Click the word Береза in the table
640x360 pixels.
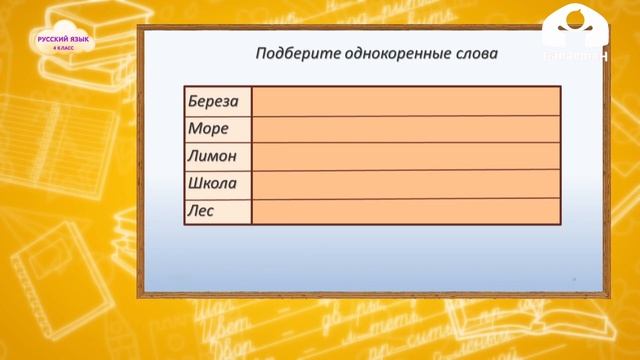(x=212, y=102)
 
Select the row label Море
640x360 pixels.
(x=208, y=129)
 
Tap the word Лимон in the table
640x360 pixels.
(x=212, y=156)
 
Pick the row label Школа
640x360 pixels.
(x=212, y=184)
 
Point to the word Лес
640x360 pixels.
(x=201, y=211)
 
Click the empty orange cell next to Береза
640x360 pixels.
(x=405, y=102)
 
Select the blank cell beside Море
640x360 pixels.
(x=405, y=129)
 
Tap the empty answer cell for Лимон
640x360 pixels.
(x=405, y=156)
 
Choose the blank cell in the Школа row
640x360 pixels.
(x=405, y=184)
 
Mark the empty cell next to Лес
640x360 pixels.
(x=405, y=211)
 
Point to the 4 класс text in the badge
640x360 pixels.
(x=62, y=48)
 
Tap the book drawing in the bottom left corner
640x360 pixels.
(x=40, y=270)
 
